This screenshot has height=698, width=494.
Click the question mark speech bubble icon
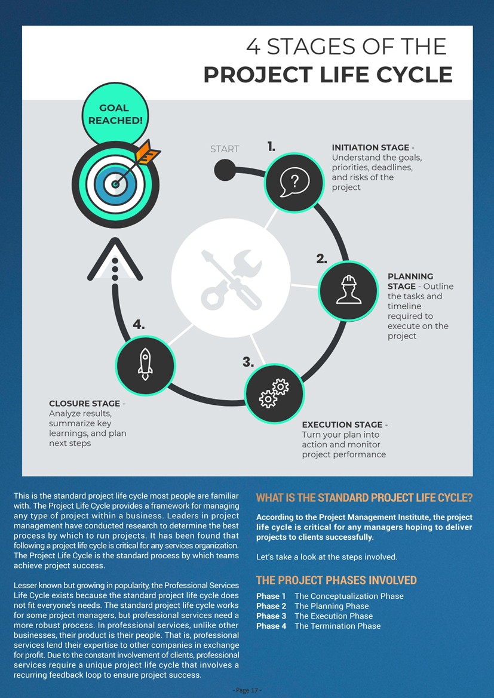point(294,182)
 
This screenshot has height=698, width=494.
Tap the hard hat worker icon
point(348,290)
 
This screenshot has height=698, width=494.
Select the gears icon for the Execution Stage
point(274,393)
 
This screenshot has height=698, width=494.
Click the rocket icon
point(145,364)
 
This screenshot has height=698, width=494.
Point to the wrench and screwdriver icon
point(231,279)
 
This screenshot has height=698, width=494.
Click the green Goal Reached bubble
point(115,114)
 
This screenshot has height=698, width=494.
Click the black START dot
point(225,170)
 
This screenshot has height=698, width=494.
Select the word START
point(225,149)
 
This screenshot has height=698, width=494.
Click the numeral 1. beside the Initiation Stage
point(271,146)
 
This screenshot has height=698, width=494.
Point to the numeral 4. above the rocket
point(139,325)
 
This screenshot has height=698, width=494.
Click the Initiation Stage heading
point(370,147)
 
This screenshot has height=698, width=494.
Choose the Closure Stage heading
point(85,403)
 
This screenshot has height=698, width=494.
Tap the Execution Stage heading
point(342,425)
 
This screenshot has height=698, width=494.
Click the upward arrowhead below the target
point(115,259)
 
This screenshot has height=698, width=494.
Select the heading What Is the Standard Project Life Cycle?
point(364,498)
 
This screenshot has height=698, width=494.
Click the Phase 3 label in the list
point(271,616)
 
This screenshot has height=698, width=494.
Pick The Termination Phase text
point(337,626)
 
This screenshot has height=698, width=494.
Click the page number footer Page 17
point(247,690)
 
